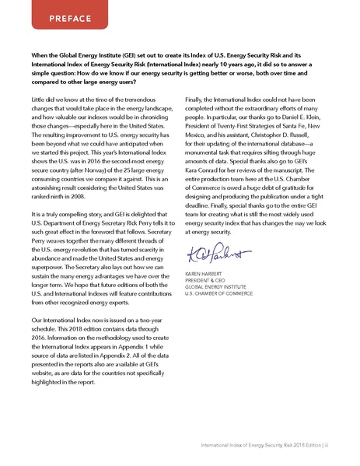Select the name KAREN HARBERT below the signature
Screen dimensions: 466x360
(x=208, y=275)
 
